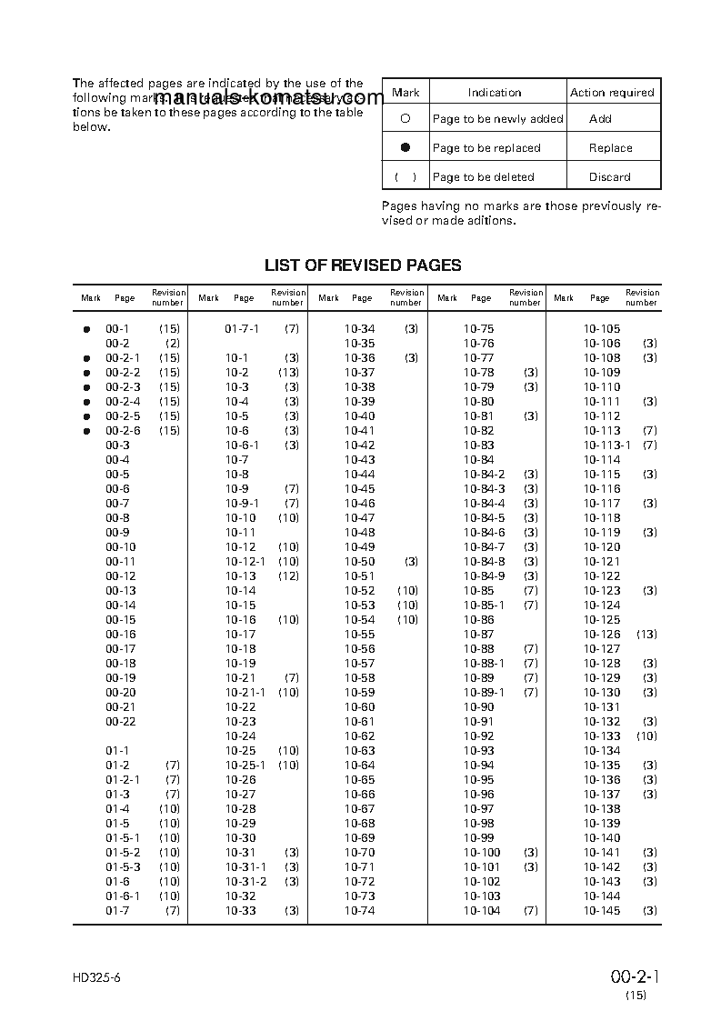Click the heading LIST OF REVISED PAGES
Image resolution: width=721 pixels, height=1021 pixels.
363,265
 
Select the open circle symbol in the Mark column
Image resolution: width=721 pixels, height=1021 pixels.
406,118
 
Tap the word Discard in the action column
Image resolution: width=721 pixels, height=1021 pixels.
610,176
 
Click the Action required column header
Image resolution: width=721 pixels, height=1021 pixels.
612,92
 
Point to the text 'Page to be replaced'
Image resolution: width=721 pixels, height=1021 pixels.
486,147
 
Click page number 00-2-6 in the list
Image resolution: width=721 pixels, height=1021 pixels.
123,430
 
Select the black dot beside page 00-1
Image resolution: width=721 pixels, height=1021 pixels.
87,328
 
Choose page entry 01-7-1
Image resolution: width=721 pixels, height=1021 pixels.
242,328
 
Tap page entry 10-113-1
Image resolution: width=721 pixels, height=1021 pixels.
606,445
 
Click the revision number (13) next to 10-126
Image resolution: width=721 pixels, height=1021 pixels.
646,634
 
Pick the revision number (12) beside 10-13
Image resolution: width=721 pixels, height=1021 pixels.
288,576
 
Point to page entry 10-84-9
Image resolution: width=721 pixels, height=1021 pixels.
484,576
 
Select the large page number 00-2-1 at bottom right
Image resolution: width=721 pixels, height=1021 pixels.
635,977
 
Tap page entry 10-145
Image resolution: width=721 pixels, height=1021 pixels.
602,910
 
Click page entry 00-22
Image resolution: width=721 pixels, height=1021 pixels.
120,721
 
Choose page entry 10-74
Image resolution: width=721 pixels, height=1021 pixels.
359,910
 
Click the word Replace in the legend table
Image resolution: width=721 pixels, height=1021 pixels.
610,147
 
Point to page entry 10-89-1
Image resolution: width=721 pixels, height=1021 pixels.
484,692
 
